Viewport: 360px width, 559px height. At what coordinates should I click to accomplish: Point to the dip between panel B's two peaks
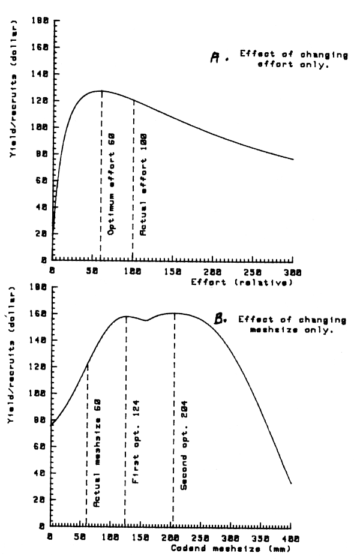coord(146,320)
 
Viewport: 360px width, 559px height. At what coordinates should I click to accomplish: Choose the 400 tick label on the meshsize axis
coord(291,538)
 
